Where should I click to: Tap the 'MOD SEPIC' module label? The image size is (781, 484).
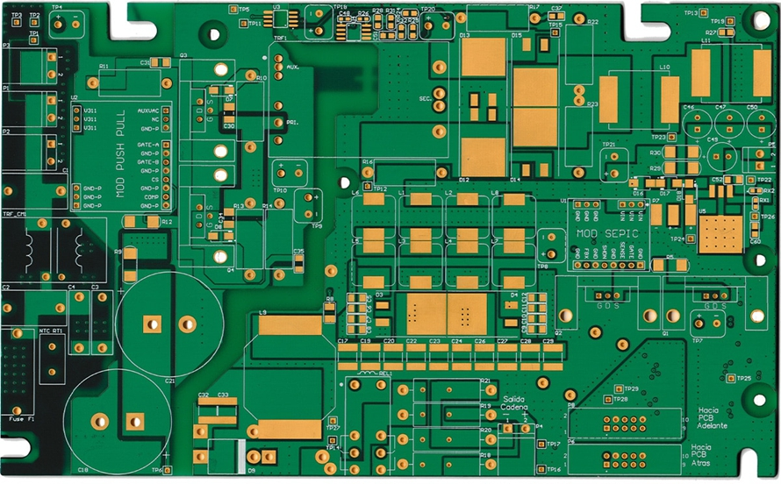point(608,234)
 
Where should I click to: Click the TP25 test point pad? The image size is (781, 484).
point(727,378)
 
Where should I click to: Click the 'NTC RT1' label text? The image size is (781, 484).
point(51,331)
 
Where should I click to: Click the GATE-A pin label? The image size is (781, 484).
point(149,145)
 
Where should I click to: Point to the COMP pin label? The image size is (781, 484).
point(150,197)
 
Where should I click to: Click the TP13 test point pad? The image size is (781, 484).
point(705,13)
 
